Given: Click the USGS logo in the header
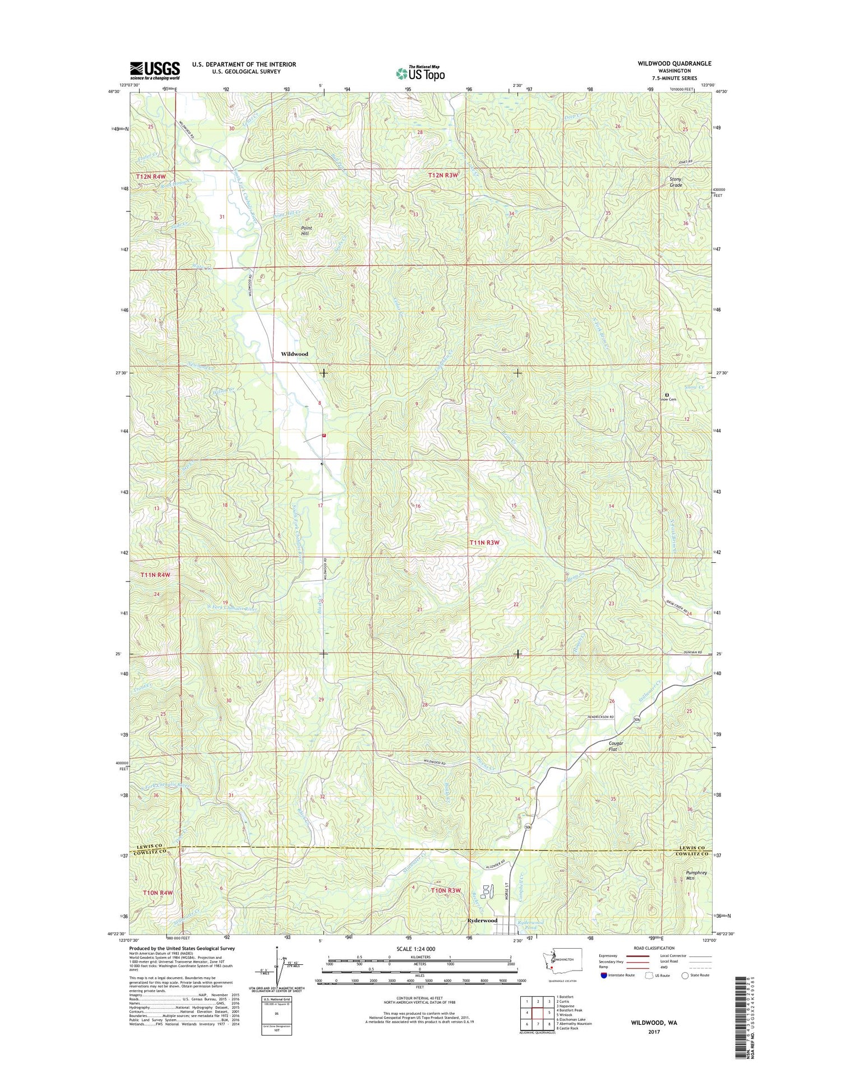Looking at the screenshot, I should pyautogui.click(x=155, y=71).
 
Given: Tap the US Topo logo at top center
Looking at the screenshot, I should pyautogui.click(x=420, y=73).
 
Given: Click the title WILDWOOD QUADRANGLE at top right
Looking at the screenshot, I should pyautogui.click(x=674, y=63).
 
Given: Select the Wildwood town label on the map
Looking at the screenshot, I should pyautogui.click(x=294, y=354).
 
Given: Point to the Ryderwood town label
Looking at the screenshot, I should pyautogui.click(x=482, y=921).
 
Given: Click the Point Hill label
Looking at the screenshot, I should pyautogui.click(x=306, y=231).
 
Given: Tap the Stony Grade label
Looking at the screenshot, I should pyautogui.click(x=676, y=182).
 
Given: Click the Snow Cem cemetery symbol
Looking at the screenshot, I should pyautogui.click(x=667, y=395).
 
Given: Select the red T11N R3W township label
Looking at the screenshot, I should pyautogui.click(x=484, y=543).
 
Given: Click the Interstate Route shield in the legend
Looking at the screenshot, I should pyautogui.click(x=603, y=975).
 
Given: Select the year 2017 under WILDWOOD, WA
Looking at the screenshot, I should pyautogui.click(x=654, y=1032).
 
